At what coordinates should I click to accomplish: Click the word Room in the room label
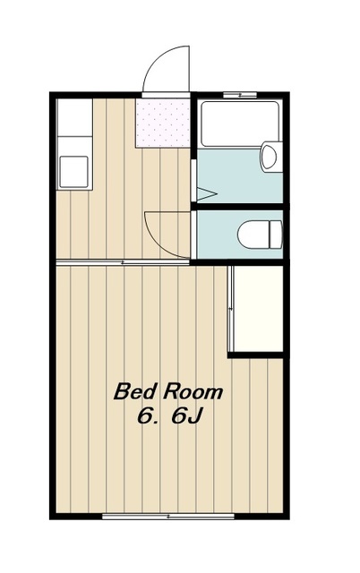coord(193,391)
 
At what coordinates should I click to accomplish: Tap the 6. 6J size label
coord(170,416)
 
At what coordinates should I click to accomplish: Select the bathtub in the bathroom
coord(240,124)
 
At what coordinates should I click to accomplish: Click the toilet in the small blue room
coord(260,235)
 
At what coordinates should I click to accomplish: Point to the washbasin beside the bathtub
coord(270,158)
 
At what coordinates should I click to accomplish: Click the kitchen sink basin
coord(73,171)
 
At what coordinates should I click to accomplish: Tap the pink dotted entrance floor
coord(163,123)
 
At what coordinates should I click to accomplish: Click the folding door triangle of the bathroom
coord(207,194)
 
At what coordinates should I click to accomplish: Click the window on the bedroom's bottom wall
coord(168,517)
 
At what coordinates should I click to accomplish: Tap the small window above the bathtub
coord(240,95)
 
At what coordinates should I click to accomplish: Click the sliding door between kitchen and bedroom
coord(123,262)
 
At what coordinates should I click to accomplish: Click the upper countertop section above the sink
coord(74,117)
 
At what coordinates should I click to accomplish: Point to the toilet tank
coord(277,235)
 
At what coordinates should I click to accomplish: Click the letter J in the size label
coord(194,416)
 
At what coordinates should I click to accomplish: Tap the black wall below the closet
coord(255,355)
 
